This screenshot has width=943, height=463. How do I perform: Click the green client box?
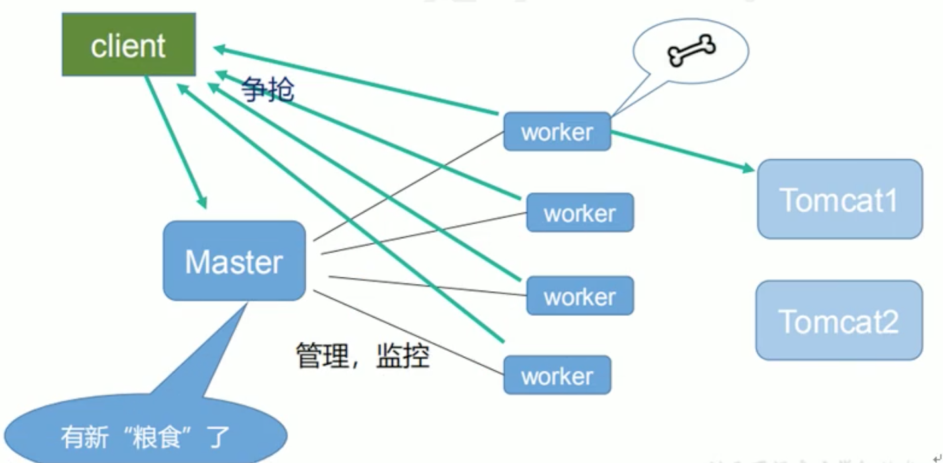(x=129, y=44)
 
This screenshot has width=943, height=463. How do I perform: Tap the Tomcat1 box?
(x=840, y=199)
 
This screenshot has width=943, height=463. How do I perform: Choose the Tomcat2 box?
(x=839, y=320)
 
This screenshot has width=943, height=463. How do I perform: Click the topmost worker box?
(x=557, y=131)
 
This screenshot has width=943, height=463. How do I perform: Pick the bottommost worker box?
(x=557, y=375)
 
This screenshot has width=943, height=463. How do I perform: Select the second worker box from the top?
(x=580, y=212)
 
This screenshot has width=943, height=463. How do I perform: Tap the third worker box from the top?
(x=580, y=296)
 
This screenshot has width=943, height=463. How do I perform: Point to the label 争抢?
(x=267, y=88)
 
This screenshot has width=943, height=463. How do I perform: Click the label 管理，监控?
(x=362, y=356)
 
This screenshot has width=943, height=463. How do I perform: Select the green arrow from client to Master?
(x=174, y=140)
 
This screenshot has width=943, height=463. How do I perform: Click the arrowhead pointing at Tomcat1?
(x=749, y=168)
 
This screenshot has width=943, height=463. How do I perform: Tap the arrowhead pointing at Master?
(x=202, y=201)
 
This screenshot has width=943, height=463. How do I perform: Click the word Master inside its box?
(x=234, y=262)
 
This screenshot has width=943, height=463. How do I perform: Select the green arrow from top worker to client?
(x=358, y=80)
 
